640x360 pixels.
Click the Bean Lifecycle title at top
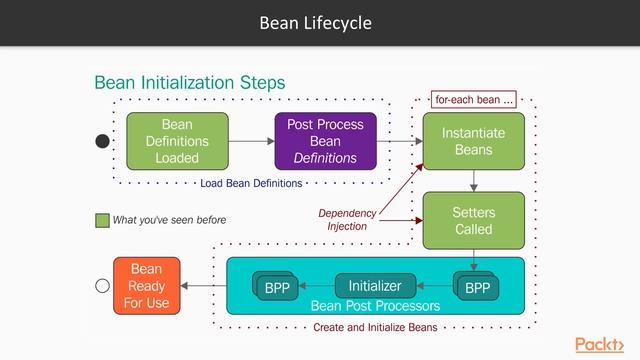[319, 22]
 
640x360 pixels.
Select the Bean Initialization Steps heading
[189, 82]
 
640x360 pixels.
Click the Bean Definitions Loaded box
[177, 141]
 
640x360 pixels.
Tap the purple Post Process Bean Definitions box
[326, 141]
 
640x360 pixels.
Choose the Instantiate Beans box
[473, 141]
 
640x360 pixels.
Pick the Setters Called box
[473, 221]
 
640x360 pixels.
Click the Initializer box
[374, 286]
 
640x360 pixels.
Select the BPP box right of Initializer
[477, 287]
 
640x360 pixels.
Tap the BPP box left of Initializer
[276, 287]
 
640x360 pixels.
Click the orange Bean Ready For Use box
[146, 285]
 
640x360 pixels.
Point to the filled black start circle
[102, 142]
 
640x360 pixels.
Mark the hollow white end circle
[101, 286]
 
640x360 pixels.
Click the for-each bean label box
[474, 100]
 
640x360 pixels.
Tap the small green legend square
[101, 220]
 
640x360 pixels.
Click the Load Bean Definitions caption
[250, 184]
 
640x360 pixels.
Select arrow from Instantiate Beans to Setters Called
[473, 180]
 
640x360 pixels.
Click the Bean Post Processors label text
[375, 305]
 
